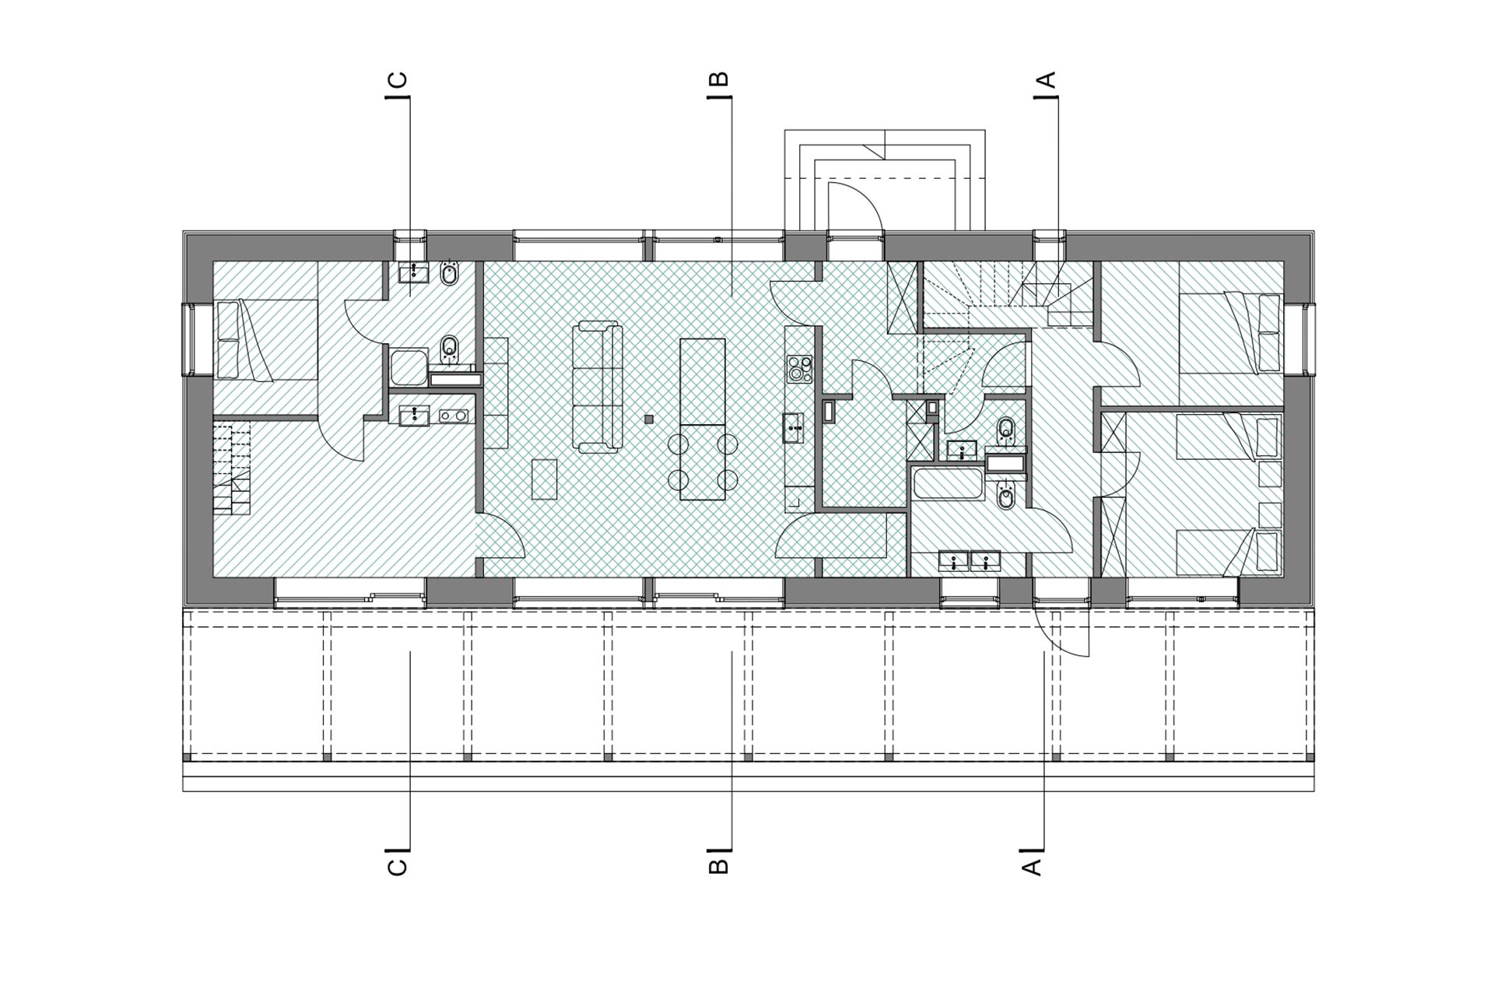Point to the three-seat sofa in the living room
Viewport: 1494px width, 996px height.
tap(598, 388)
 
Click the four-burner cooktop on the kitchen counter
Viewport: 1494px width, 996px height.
tap(799, 369)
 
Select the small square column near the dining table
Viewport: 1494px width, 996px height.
tap(649, 419)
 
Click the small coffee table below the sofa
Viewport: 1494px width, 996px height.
tap(545, 479)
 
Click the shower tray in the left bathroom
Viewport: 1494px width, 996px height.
tap(409, 367)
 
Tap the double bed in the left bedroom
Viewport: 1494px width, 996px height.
tap(265, 340)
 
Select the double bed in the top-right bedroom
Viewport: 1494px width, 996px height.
tap(1230, 334)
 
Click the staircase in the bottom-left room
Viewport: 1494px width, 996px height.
tap(232, 468)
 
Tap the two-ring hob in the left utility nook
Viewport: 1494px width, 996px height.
tap(454, 416)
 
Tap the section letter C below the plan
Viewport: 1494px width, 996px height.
tap(397, 866)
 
